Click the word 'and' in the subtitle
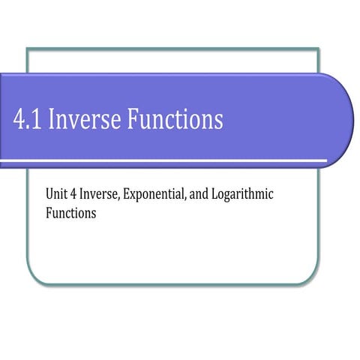click(x=195, y=195)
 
